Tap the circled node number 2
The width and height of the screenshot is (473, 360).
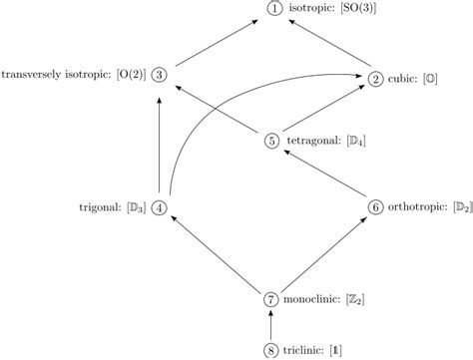(x=376, y=79)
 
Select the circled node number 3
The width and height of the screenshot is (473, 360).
(x=161, y=73)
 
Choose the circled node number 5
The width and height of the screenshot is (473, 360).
(x=272, y=141)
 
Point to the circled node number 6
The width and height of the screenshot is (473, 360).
(x=376, y=206)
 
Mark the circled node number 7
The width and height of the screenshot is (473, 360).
(x=270, y=298)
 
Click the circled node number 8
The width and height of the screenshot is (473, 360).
(x=270, y=349)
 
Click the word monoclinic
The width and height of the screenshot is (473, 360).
(x=313, y=298)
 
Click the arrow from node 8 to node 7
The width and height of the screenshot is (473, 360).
(x=270, y=324)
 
